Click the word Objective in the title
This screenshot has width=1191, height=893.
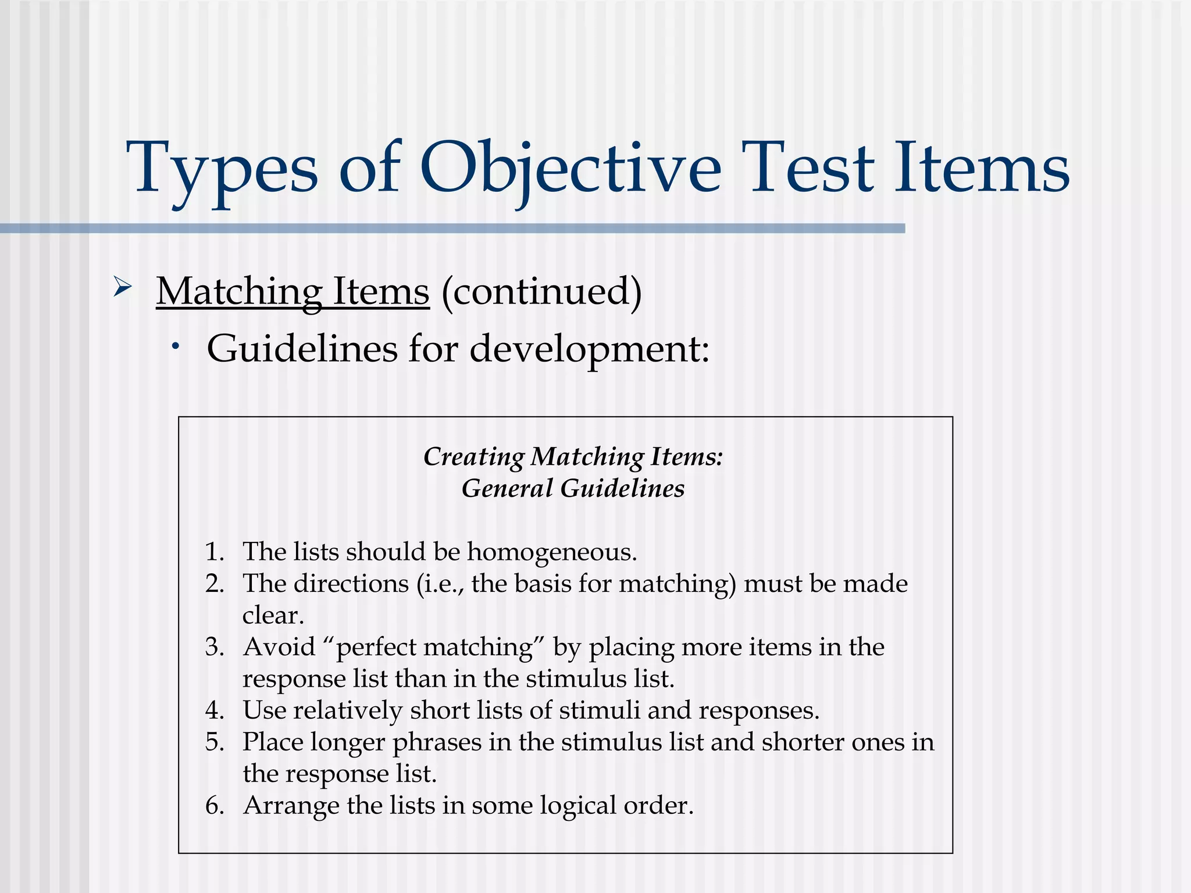pyautogui.click(x=570, y=169)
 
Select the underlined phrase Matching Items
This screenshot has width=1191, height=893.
pyautogui.click(x=293, y=291)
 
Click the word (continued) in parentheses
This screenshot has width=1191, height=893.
pyautogui.click(x=541, y=291)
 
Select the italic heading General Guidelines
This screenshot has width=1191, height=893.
pyautogui.click(x=573, y=488)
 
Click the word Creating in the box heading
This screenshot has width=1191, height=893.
pyautogui.click(x=473, y=457)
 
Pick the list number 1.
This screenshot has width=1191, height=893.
pyautogui.click(x=214, y=552)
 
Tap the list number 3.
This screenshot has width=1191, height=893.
pyautogui.click(x=214, y=647)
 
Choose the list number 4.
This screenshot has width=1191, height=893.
pyautogui.click(x=214, y=710)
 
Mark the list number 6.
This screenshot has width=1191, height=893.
pyautogui.click(x=214, y=806)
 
